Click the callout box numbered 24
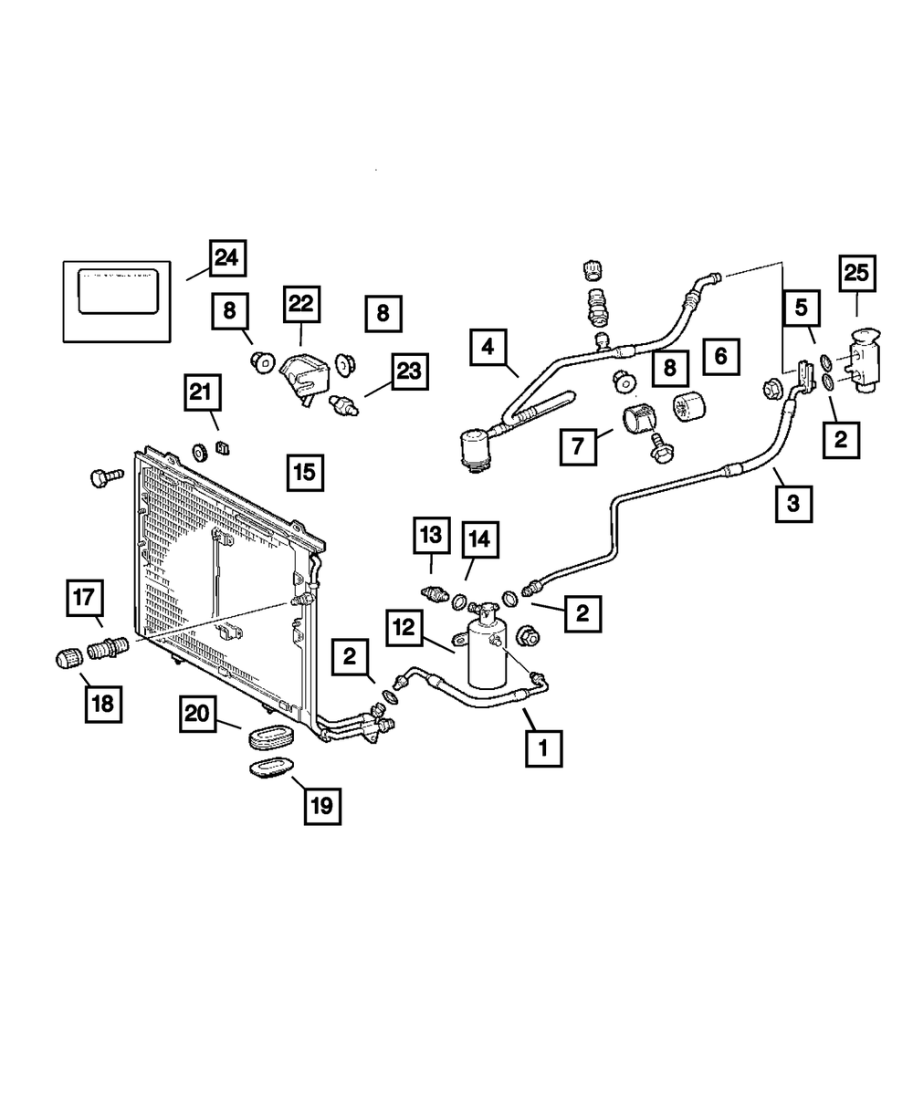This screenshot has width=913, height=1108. tap(226, 258)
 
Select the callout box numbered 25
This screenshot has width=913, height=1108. tap(856, 274)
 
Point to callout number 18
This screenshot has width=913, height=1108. tap(102, 703)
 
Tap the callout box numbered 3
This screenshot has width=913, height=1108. tap(793, 502)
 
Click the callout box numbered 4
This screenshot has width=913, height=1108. tap(488, 348)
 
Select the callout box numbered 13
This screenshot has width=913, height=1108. tap(431, 536)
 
